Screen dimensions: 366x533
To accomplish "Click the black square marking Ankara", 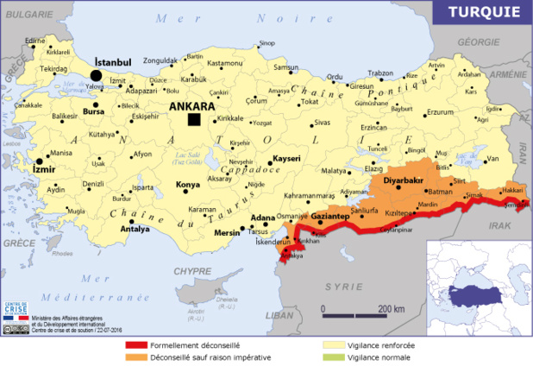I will tap(195, 119).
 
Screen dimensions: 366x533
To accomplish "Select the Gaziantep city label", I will tap(329, 215).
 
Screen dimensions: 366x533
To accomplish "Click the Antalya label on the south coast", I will tap(135, 230).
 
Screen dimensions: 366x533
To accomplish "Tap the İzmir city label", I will tap(43, 170).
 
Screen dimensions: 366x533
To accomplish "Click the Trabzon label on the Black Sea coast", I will tap(380, 73).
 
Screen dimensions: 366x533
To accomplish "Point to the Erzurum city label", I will tap(441, 112).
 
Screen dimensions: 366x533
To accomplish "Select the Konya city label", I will tap(188, 185).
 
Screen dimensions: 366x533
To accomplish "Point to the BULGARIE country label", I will tap(24, 16).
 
